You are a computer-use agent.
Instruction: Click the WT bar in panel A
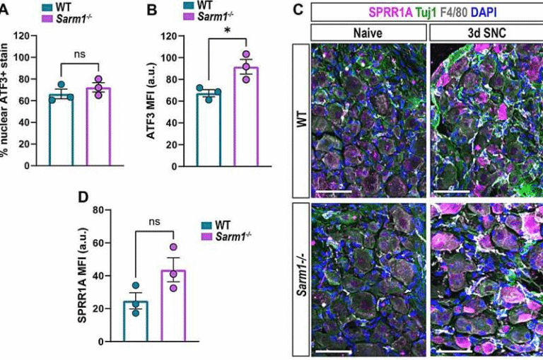(x=61, y=130)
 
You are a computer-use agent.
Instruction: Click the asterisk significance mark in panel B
(x=228, y=29)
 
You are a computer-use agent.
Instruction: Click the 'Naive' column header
(x=368, y=32)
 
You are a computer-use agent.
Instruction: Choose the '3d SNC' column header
(x=486, y=32)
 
